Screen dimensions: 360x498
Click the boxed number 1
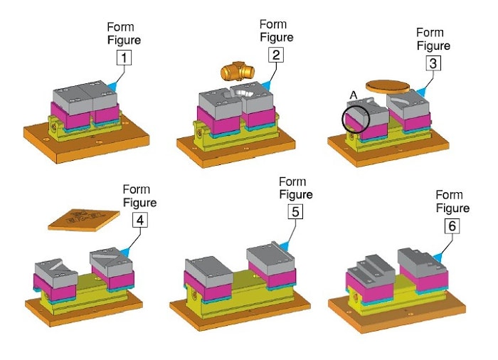[x=124, y=55]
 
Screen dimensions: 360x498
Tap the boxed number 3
[x=432, y=63]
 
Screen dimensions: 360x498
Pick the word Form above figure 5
[x=292, y=182]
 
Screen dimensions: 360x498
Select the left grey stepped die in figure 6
[x=371, y=268]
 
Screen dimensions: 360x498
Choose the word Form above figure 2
[x=273, y=24]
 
